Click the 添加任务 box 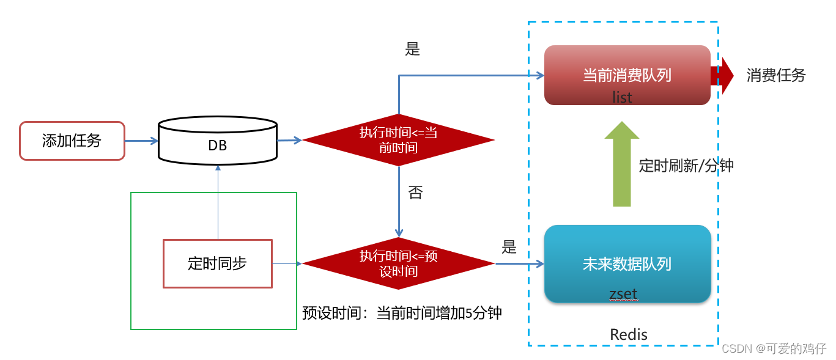[x=72, y=141]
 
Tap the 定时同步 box [x=217, y=263]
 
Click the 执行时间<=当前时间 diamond [x=398, y=140]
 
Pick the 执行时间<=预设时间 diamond [x=398, y=263]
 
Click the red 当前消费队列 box [x=627, y=75]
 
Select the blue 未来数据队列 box [x=627, y=263]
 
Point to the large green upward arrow [x=621, y=164]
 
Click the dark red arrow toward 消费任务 [x=723, y=75]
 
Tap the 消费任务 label [x=775, y=75]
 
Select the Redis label [x=629, y=334]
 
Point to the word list [x=622, y=97]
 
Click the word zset [x=623, y=294]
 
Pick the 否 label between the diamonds [x=415, y=193]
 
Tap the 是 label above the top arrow [x=413, y=50]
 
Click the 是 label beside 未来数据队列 [x=509, y=247]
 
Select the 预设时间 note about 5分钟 [x=402, y=313]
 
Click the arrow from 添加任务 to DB [x=141, y=141]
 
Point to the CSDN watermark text [x=774, y=348]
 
